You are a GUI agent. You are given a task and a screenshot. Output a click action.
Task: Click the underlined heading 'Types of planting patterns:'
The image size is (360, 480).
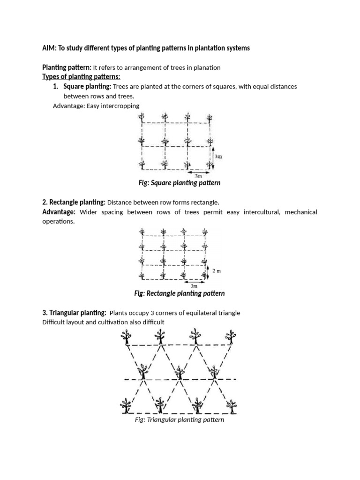81,77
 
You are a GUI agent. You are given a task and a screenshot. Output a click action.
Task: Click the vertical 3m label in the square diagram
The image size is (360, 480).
219,157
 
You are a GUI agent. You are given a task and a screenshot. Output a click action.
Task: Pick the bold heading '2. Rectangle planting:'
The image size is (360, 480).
74,202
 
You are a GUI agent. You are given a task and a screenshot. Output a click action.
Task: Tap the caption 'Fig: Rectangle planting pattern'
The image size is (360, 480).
180,293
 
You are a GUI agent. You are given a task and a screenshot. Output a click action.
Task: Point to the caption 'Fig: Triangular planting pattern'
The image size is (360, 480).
179,420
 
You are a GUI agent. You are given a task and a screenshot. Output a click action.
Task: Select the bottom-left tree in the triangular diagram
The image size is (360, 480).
126,405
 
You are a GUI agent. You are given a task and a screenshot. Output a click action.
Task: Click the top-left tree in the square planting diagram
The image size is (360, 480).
142,119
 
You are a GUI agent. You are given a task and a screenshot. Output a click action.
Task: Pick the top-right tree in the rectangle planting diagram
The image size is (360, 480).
205,233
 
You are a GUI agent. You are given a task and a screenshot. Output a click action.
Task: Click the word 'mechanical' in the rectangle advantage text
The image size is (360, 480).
300,212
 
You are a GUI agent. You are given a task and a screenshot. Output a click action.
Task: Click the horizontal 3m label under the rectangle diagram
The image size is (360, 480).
194,285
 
